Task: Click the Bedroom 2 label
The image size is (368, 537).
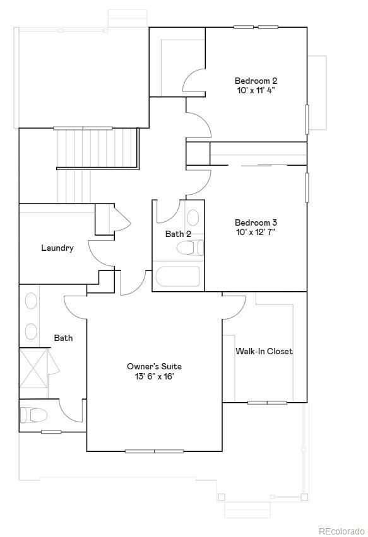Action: pos(256,81)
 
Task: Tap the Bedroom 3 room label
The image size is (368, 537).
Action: pos(256,222)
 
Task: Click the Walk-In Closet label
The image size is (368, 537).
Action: pos(264,351)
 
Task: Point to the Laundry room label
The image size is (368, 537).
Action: pos(57,248)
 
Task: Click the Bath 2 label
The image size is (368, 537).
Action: pos(178,234)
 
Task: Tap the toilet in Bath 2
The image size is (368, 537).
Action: pos(190,248)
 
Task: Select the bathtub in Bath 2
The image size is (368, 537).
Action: pos(177,277)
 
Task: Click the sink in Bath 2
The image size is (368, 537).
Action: pos(193,218)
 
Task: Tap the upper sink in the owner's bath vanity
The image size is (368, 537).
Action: pos(30,301)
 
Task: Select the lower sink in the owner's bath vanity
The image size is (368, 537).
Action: pos(30,330)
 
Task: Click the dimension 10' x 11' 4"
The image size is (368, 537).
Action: pos(256,90)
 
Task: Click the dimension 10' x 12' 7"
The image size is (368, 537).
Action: pos(256,232)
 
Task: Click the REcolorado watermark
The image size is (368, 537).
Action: pos(341,531)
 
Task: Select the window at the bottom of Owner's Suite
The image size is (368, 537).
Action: pos(154,451)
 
